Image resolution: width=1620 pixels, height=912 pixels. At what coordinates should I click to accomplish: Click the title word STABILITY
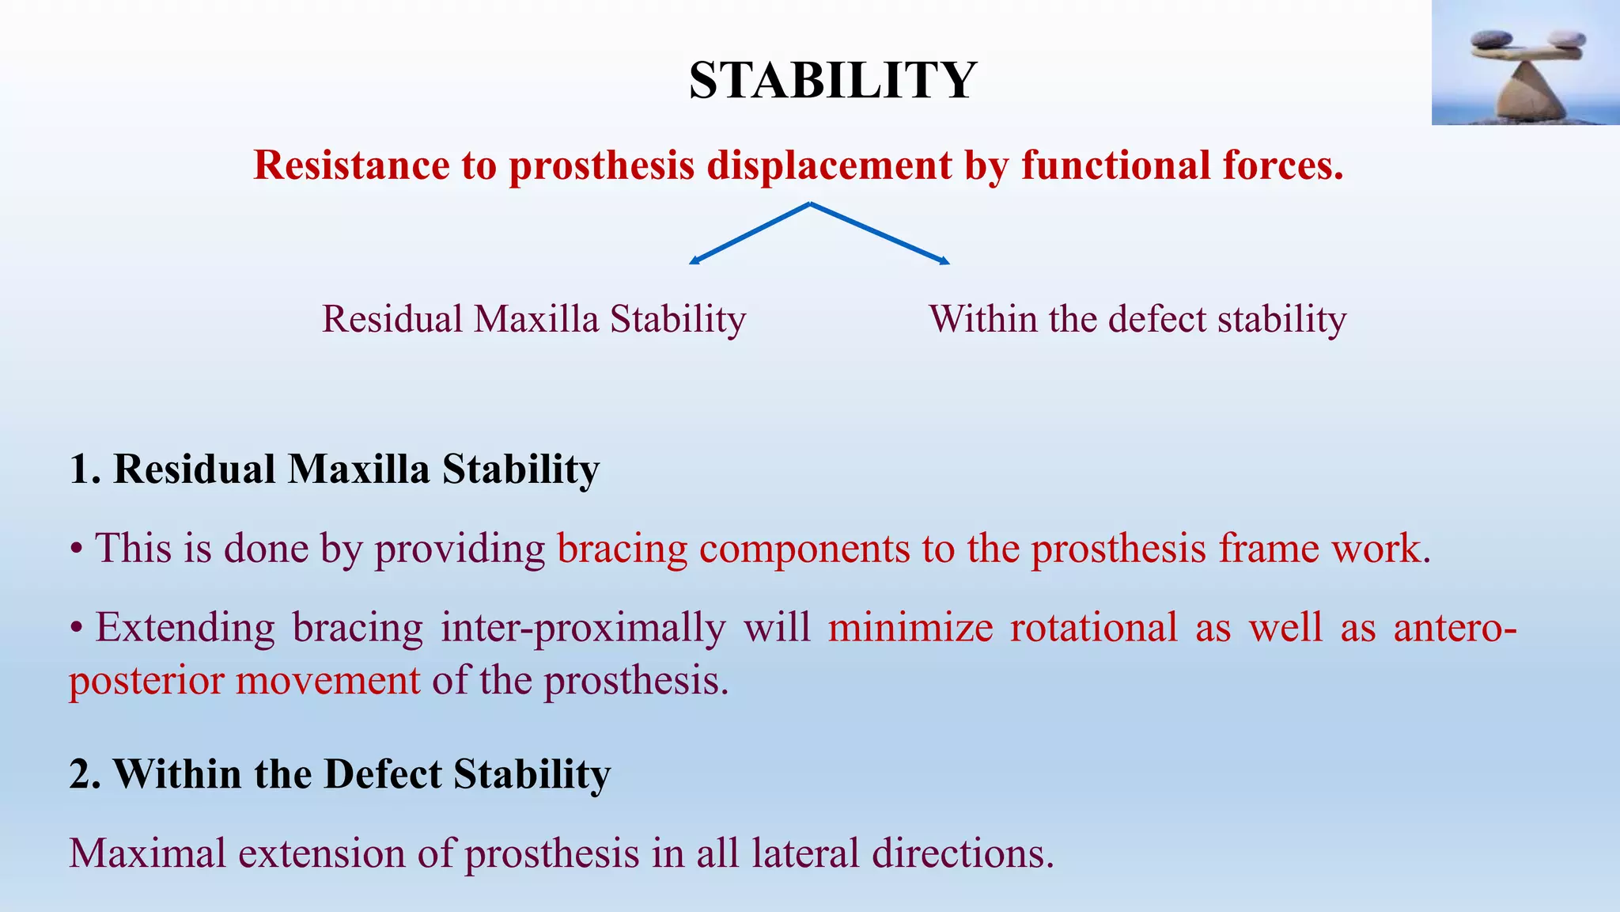(x=832, y=81)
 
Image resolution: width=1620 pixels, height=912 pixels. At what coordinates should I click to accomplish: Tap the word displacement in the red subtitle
(x=829, y=165)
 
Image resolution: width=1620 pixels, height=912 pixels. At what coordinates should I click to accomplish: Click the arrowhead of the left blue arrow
(x=694, y=261)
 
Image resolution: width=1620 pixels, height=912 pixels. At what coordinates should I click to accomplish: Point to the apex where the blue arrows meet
(x=810, y=203)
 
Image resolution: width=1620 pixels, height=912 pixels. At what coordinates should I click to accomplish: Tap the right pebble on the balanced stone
(x=1566, y=39)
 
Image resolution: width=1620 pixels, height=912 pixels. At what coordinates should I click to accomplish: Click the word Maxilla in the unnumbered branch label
(x=536, y=319)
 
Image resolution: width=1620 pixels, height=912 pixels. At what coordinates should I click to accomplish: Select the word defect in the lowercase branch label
(x=1156, y=319)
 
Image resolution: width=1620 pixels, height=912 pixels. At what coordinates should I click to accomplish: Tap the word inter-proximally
(x=583, y=628)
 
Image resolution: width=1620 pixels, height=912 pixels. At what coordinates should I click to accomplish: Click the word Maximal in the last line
(x=148, y=853)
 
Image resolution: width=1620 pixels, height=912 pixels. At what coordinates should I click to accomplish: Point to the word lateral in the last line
(x=804, y=853)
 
